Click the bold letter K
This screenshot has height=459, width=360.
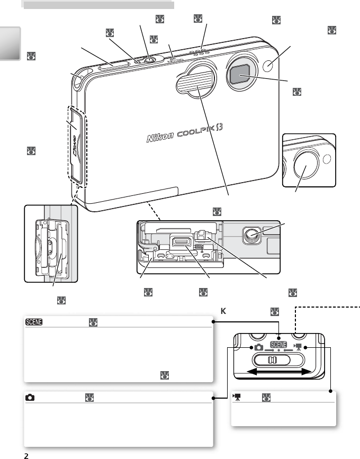point(223,311)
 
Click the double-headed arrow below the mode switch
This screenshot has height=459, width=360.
point(280,373)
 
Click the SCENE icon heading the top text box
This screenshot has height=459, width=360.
point(35,322)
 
